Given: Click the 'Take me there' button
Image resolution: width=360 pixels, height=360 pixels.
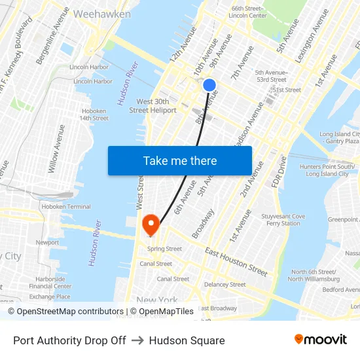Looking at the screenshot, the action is coord(180,161).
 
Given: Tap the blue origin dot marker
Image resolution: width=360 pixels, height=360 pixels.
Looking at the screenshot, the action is coord(209,85).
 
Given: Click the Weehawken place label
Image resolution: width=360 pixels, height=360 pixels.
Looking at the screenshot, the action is coord(101,14).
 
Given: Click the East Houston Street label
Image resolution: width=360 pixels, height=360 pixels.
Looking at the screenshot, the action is coord(236,262).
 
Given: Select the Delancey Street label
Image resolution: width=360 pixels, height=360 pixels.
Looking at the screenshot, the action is coord(225,285).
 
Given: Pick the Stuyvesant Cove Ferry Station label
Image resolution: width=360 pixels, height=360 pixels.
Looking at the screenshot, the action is coord(283,220).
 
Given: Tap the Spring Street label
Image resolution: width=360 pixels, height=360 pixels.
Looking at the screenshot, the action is coord(164,249).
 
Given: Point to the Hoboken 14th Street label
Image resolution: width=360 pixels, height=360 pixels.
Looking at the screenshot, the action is coord(94,115).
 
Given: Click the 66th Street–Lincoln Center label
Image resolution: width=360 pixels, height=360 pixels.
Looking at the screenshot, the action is coord(248,12).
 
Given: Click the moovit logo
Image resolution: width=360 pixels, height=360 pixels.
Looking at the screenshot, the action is coord(321,340).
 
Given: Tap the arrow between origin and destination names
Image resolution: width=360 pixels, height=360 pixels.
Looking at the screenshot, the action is coord(137,340).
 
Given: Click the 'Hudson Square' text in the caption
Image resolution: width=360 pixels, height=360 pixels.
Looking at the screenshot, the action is coord(187,340).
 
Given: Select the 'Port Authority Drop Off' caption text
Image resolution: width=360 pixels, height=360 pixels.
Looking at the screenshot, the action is coord(69,340).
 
